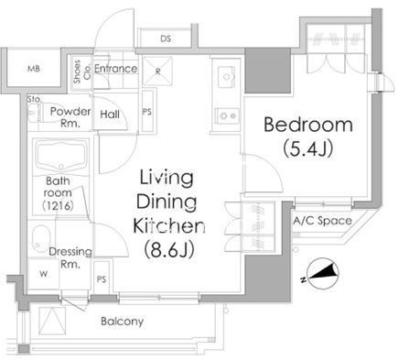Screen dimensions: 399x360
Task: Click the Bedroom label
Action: (x=308, y=125)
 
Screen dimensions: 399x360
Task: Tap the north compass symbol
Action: (x=323, y=274)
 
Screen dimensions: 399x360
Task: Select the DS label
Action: (x=166, y=38)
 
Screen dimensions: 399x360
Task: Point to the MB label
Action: (x=34, y=69)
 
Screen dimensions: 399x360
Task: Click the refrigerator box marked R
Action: (x=157, y=71)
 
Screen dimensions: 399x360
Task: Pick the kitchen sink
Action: (x=227, y=76)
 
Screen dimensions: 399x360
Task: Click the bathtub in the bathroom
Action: (x=61, y=157)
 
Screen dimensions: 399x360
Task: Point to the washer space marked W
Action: (x=43, y=274)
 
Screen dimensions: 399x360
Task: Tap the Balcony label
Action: (x=122, y=322)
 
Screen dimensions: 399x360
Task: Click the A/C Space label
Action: (x=322, y=221)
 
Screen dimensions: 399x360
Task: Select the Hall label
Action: (x=110, y=115)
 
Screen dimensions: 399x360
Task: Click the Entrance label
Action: (x=115, y=69)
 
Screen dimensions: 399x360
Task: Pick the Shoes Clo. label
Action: (x=81, y=71)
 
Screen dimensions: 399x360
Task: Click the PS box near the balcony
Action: (x=102, y=278)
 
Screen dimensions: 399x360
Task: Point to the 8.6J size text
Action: (x=168, y=249)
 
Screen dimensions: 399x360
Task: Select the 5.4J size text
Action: (x=307, y=148)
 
